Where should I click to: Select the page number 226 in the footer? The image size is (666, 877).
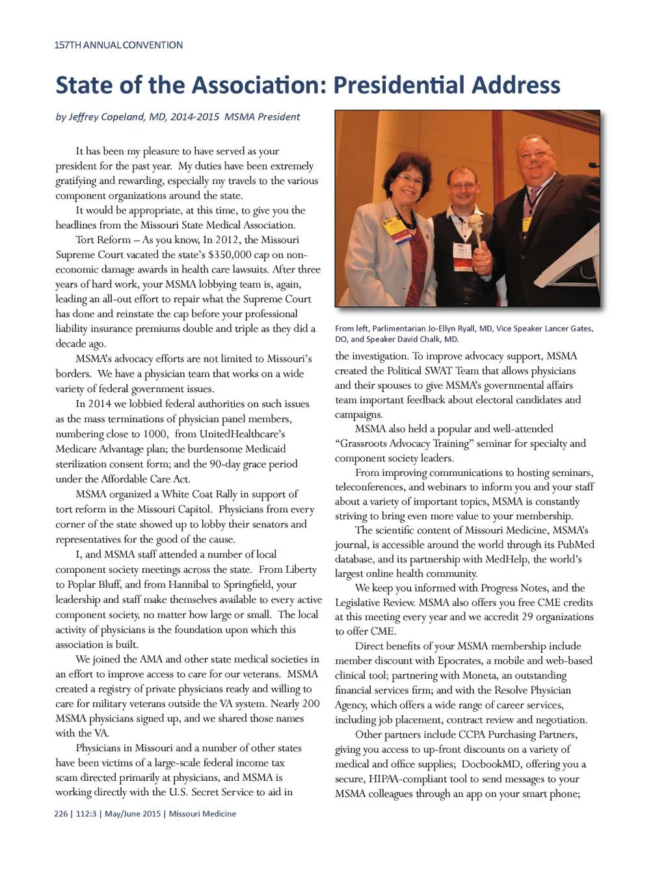point(60,814)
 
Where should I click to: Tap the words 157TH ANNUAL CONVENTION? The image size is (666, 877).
point(118,46)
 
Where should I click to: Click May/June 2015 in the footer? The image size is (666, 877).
point(133,814)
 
